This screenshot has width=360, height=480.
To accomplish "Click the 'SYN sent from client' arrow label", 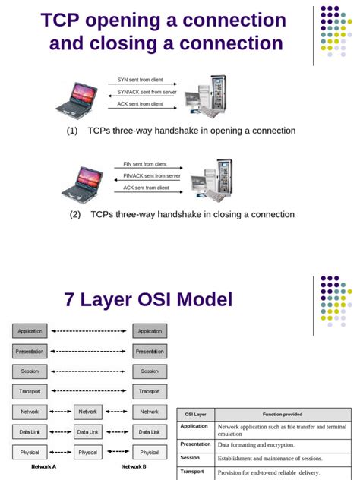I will pos(141,80).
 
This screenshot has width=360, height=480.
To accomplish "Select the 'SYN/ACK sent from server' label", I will pos(147,92).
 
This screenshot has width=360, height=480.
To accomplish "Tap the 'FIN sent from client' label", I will pos(145,163).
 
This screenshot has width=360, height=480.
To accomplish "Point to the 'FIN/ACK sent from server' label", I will pos(152,175).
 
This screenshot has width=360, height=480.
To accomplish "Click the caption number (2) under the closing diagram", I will pos(75,214).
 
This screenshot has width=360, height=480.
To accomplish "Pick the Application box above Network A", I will pos(30,331).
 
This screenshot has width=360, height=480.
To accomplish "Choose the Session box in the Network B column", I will pos(150,371).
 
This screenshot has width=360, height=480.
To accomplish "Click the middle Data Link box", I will pos(88,431).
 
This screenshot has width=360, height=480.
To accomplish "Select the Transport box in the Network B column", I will pos(150,391).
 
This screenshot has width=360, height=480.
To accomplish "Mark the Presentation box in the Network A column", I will pos(30,352).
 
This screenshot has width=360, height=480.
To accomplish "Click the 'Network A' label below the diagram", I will pos(44,466).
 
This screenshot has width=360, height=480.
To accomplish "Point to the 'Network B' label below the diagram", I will pos(134,466).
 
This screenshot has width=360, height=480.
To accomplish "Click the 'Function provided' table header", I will pos(282,415).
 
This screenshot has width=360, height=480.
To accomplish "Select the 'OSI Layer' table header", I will pos(196,415).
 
